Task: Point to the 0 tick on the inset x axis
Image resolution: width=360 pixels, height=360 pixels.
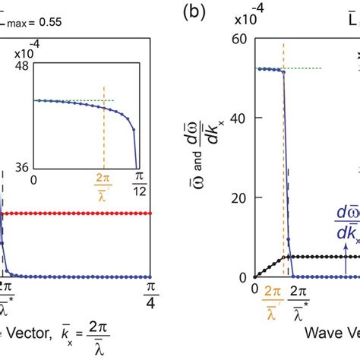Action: click(x=34, y=180)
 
